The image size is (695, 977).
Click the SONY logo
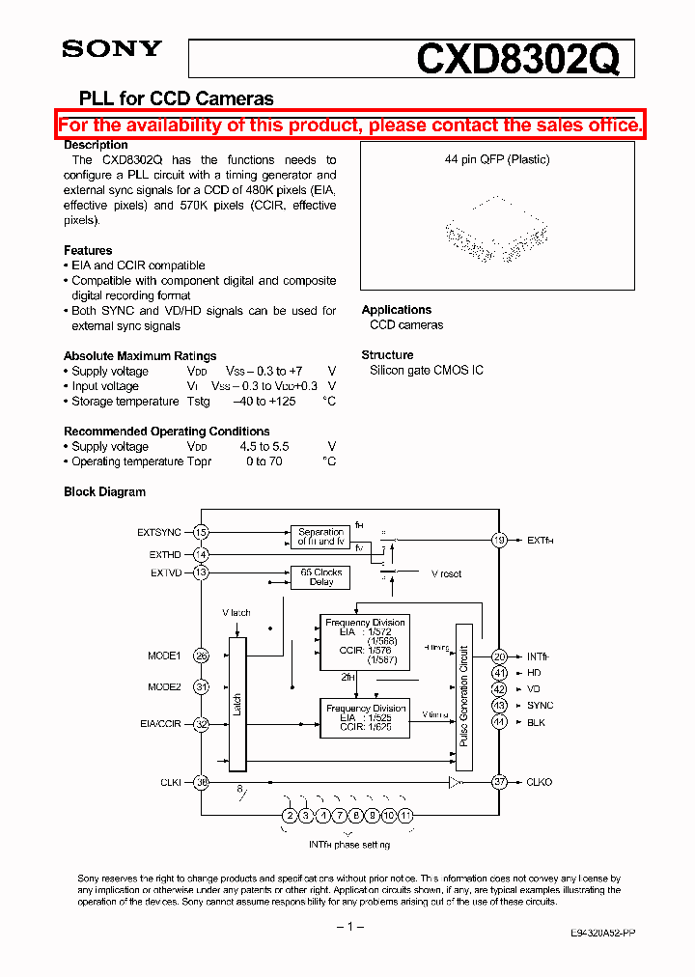(112, 49)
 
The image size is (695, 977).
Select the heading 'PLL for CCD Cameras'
(169, 98)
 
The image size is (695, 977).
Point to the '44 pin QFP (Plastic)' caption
(497, 159)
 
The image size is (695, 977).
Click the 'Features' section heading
(88, 250)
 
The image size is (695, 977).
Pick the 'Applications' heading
(396, 310)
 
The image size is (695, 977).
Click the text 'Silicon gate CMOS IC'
(427, 370)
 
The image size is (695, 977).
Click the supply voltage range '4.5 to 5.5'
(264, 446)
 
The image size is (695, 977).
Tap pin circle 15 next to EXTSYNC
(201, 532)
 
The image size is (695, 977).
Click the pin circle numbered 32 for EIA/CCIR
(201, 723)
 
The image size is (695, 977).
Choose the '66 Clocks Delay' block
(320, 577)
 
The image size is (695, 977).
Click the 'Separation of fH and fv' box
(320, 536)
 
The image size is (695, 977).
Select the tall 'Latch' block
(236, 704)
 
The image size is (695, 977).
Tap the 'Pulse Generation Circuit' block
(464, 696)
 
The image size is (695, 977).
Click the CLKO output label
(540, 782)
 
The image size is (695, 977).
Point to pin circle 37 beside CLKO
(499, 782)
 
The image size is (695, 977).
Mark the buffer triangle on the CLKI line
(454, 782)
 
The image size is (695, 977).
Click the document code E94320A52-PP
(600, 935)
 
